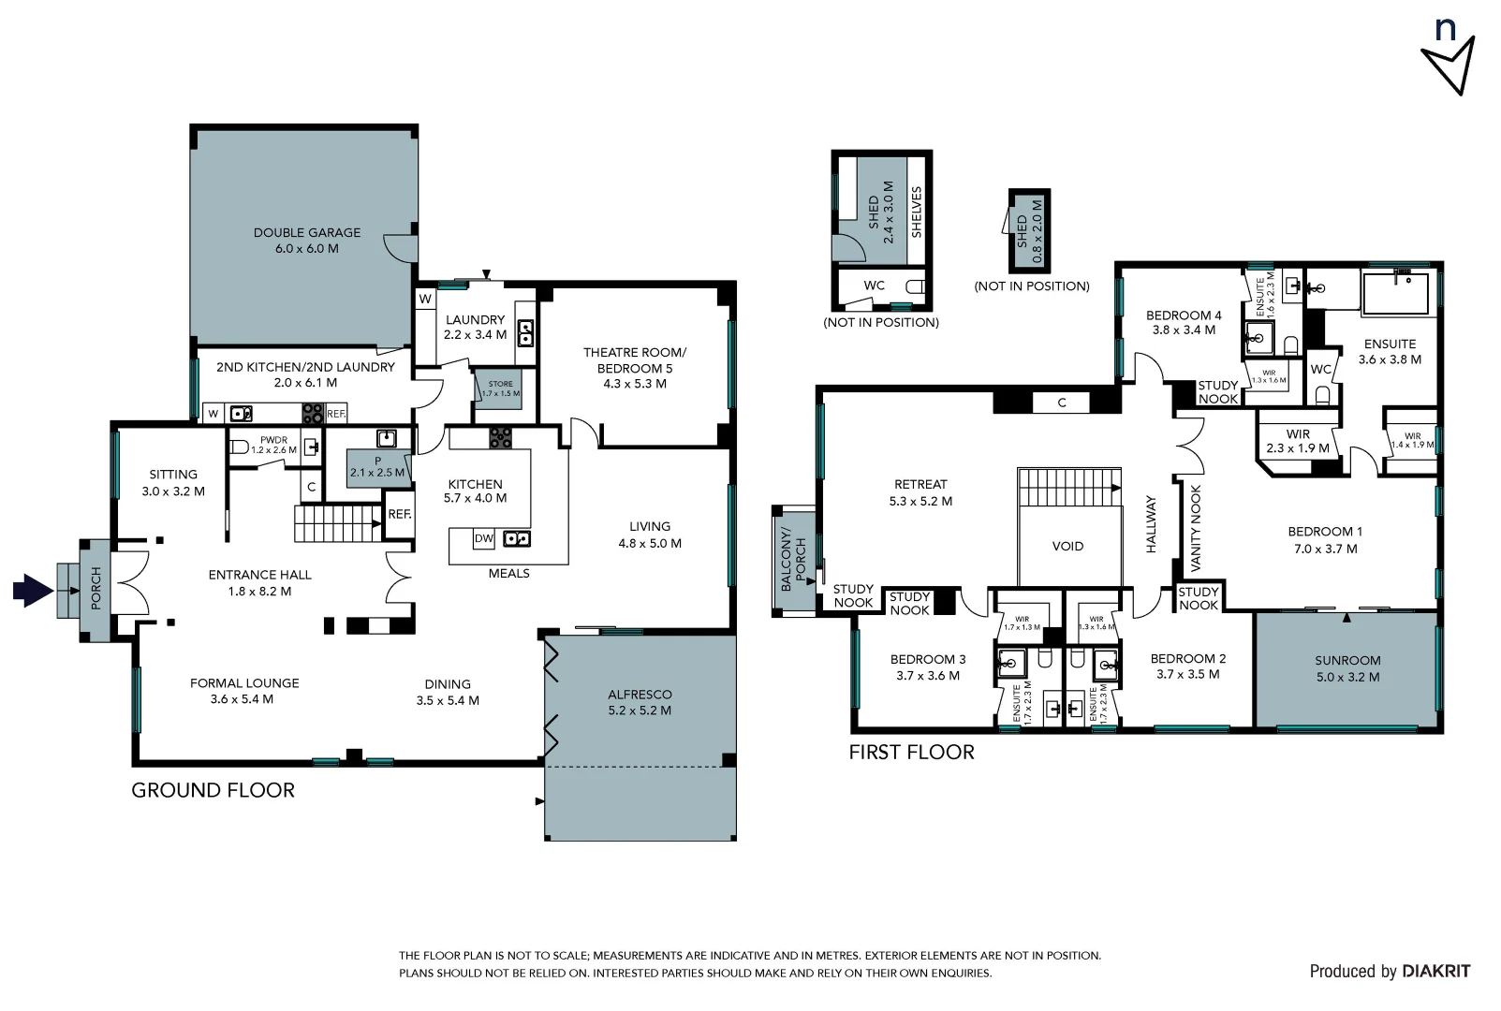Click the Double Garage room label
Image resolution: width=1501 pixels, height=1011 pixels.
306,232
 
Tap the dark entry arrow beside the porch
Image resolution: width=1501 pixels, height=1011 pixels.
33,591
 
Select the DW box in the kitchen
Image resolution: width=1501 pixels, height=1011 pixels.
483,538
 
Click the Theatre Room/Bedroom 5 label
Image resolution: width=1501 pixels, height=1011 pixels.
634,360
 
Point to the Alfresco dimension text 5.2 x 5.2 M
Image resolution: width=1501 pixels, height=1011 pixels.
640,711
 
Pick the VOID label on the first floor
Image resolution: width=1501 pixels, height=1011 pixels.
1067,546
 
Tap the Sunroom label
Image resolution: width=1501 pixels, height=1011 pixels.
1347,660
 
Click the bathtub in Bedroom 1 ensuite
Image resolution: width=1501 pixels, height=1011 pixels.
1395,293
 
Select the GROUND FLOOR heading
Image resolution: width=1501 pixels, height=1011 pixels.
213,790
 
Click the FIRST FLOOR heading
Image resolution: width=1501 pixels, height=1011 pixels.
911,752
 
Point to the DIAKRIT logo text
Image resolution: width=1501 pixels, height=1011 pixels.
1435,972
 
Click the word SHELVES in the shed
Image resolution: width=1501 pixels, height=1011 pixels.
917,212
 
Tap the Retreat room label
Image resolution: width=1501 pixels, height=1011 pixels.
920,484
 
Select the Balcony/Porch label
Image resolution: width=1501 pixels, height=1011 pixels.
793,559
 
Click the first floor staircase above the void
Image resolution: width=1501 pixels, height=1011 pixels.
1068,487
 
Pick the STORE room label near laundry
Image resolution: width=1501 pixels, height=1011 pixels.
500,384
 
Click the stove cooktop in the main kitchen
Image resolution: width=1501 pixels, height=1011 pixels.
500,437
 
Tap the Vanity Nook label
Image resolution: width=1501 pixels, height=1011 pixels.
1195,528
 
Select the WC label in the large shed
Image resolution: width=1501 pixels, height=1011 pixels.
874,286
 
